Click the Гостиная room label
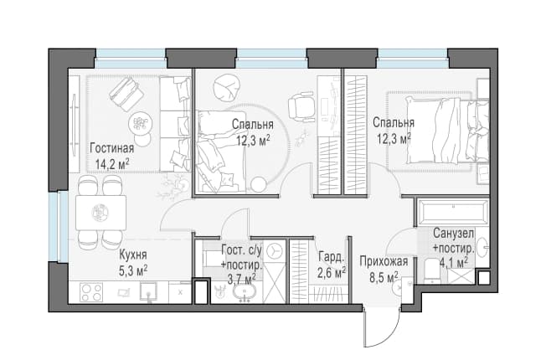(111, 148)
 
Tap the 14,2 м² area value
(112, 164)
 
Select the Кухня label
(133, 255)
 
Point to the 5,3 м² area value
(133, 271)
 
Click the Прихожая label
(384, 261)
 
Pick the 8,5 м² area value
(384, 277)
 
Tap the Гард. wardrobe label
(331, 257)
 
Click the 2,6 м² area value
(332, 273)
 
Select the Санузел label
(453, 234)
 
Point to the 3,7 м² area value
(241, 280)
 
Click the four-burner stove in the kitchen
(91, 291)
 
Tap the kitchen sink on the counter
(149, 291)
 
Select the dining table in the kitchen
(101, 213)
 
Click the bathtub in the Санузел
(453, 212)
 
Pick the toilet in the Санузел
(432, 271)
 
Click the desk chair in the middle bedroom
(301, 107)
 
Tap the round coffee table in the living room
(141, 122)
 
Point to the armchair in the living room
(126, 94)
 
